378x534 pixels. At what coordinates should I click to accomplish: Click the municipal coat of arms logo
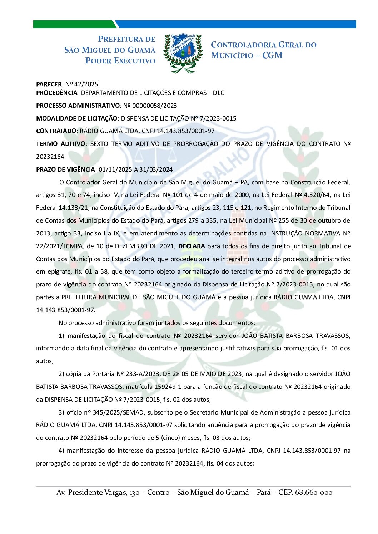[183, 53]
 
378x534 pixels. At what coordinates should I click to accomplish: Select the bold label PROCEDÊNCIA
[57, 93]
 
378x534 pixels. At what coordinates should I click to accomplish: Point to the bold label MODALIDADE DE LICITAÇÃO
[76, 118]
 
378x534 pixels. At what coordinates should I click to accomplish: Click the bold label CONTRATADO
[56, 131]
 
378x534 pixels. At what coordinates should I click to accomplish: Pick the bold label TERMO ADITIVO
[61, 144]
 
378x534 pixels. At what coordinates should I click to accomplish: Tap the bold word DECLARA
[192, 246]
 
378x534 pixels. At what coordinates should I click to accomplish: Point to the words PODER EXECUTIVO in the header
[120, 61]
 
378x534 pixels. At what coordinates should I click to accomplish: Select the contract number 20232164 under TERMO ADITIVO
[50, 157]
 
